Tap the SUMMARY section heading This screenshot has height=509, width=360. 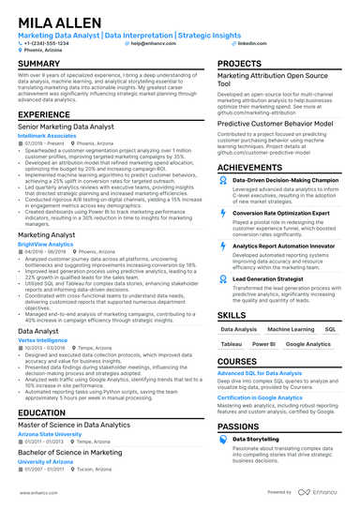[x=38, y=63]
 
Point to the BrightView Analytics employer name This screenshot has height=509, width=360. [x=45, y=243]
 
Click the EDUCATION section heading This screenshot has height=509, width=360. [x=41, y=412]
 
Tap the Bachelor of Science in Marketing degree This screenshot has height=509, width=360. [x=69, y=451]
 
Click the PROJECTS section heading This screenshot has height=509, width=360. [x=239, y=63]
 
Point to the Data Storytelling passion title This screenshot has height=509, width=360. [x=257, y=438]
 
